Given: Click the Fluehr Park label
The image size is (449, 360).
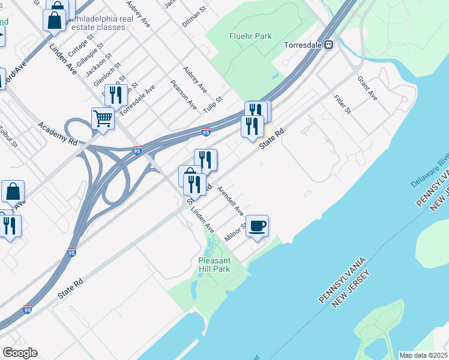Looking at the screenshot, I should (x=250, y=36).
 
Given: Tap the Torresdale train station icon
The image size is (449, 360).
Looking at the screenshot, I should (x=328, y=45).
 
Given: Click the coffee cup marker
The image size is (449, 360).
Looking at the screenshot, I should (x=258, y=226).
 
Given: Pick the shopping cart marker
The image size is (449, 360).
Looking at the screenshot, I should (x=103, y=118).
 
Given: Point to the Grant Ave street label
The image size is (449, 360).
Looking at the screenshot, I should (x=367, y=88).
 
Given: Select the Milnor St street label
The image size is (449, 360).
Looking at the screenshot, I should (x=235, y=232).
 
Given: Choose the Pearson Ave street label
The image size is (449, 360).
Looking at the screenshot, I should (x=183, y=94).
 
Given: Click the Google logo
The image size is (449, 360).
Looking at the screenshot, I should (x=20, y=353).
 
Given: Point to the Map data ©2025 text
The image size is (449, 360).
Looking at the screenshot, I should (x=424, y=355).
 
